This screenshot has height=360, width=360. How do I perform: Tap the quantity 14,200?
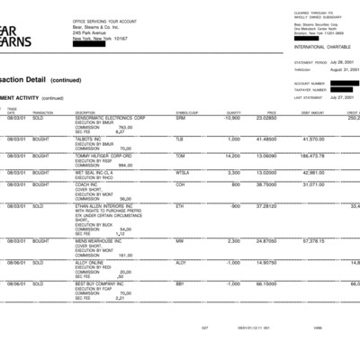point(231,155)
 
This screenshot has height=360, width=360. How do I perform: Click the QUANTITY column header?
point(234,112)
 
